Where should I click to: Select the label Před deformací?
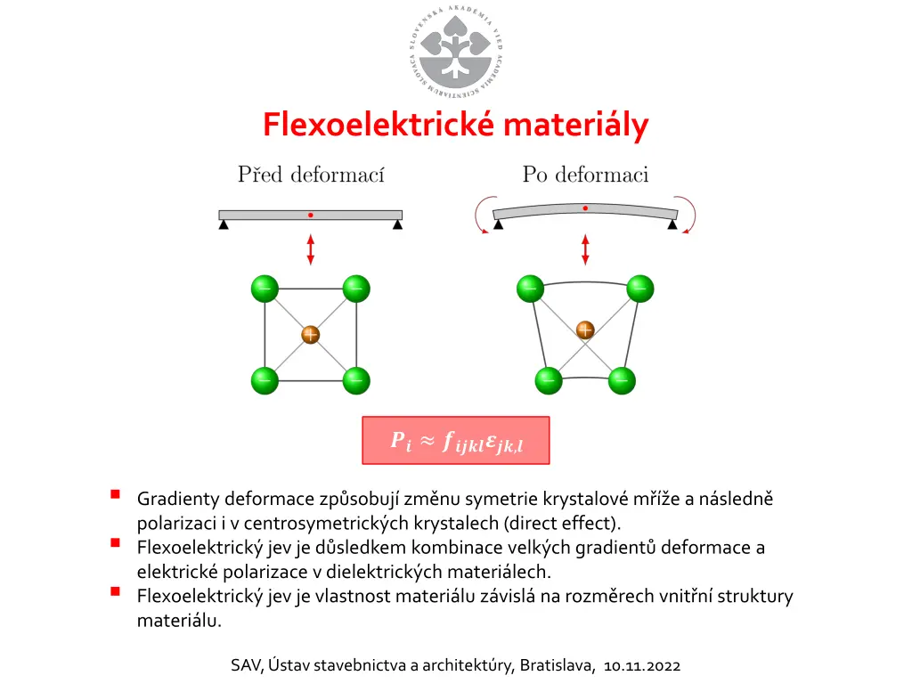(x=311, y=175)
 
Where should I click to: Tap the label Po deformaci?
(x=585, y=175)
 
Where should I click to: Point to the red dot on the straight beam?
(x=310, y=215)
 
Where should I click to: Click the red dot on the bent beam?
(x=585, y=208)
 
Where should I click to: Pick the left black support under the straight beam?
(x=224, y=224)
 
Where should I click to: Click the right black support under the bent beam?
(x=672, y=224)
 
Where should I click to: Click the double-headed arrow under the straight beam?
(x=310, y=248)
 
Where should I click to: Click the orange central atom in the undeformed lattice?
(x=310, y=335)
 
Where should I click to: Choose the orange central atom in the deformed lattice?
(x=585, y=330)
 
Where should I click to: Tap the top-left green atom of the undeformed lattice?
(x=265, y=289)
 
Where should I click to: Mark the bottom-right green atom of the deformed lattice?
(x=622, y=380)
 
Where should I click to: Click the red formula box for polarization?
(x=455, y=440)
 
